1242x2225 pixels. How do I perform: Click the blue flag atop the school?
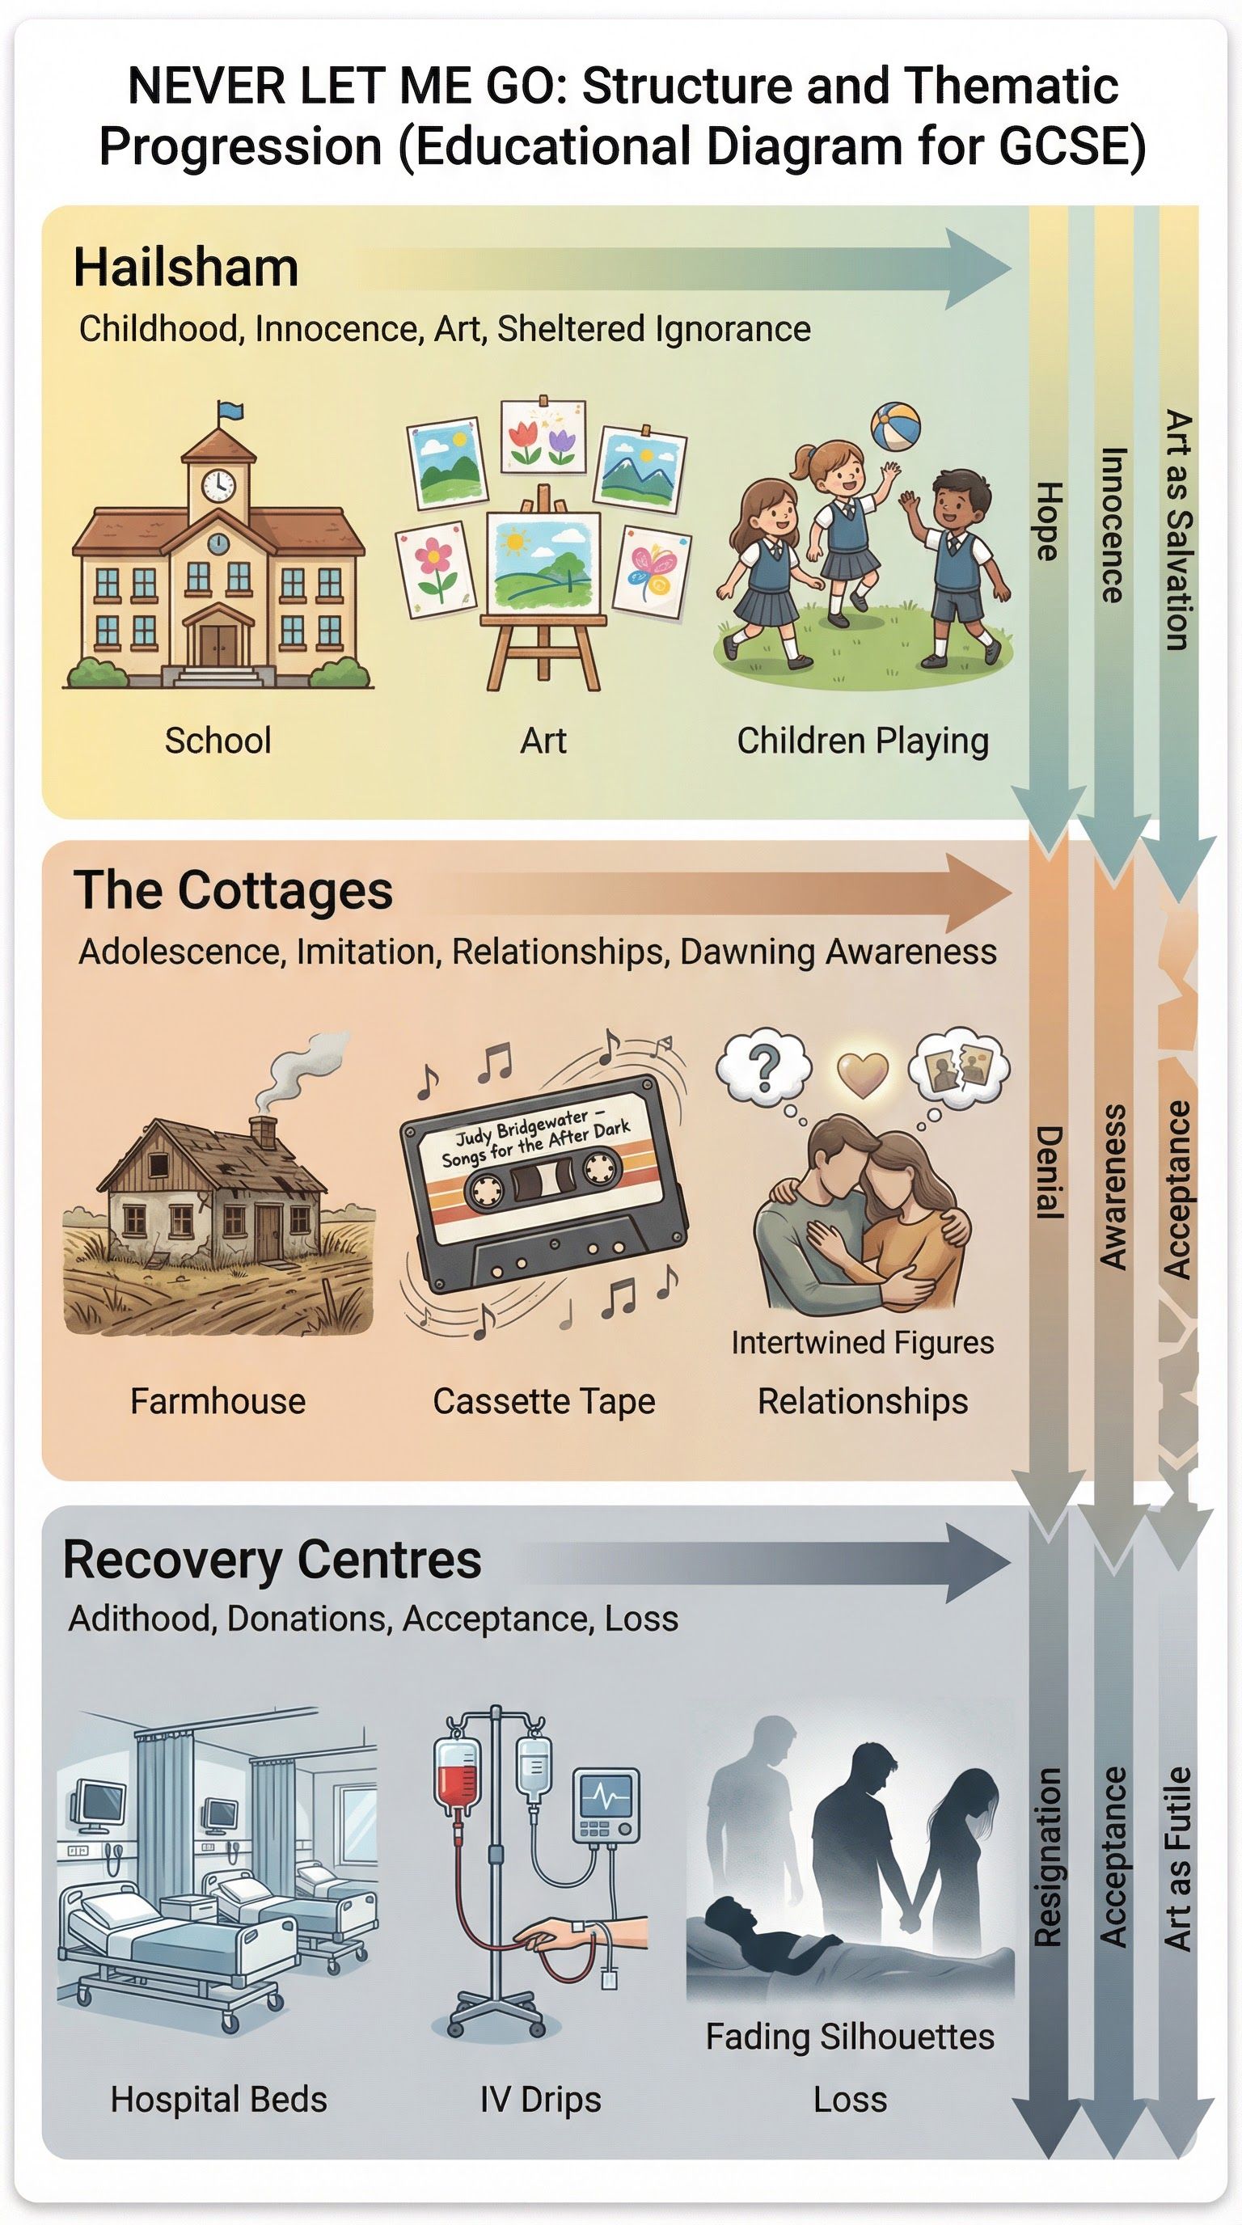point(230,412)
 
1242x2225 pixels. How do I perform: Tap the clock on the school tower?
point(218,483)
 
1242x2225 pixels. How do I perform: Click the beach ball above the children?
point(895,425)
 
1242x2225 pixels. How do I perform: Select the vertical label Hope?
point(1047,521)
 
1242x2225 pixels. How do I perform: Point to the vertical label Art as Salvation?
point(1177,530)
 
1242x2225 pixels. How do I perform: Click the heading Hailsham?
point(186,268)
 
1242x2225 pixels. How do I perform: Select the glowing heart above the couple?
point(863,1075)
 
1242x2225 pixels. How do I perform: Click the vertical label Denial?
point(1047,1172)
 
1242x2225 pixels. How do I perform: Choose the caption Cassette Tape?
point(544,1401)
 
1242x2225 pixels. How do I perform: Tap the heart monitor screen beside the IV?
point(607,1796)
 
